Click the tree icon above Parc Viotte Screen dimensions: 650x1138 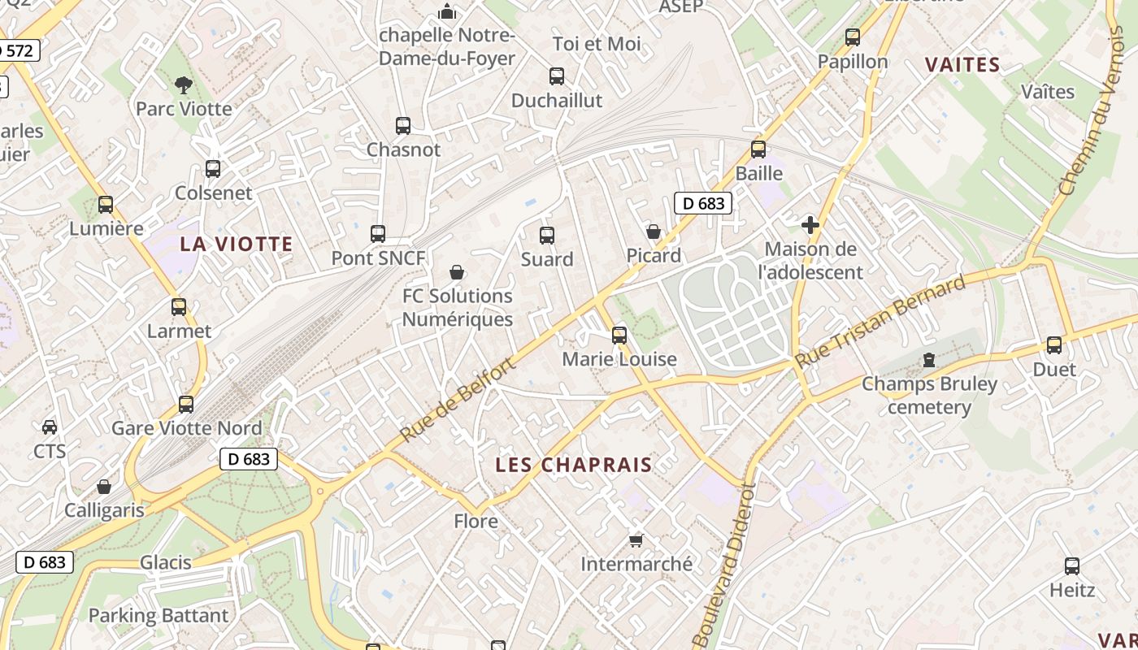(184, 84)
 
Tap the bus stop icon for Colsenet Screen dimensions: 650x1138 (213, 169)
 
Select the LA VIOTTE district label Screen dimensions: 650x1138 (236, 244)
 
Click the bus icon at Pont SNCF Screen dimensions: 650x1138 (378, 234)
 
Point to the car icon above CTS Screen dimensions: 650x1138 (50, 427)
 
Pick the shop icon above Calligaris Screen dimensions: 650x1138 (104, 487)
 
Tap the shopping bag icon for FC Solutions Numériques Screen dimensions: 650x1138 (458, 272)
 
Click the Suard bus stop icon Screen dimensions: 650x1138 (547, 236)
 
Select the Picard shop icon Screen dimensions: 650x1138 (653, 232)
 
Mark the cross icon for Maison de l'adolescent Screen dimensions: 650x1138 (810, 225)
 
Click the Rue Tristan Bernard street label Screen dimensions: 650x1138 (880, 323)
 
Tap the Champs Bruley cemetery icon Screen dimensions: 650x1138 (929, 360)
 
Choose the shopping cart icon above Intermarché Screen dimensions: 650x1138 (636, 540)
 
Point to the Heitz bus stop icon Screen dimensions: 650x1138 (1072, 566)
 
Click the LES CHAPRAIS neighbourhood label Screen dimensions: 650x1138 (574, 465)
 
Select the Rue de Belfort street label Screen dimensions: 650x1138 (458, 401)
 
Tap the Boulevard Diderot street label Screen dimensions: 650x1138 (723, 565)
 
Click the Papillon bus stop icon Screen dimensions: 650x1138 (853, 37)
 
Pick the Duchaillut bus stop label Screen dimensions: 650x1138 (557, 100)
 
